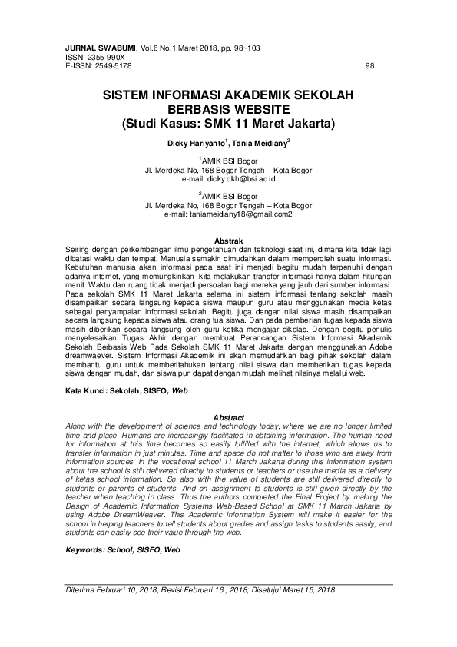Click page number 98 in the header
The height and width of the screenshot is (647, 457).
click(369, 66)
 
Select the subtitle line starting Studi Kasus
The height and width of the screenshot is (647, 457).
click(228, 122)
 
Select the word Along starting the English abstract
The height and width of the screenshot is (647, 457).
click(76, 426)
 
